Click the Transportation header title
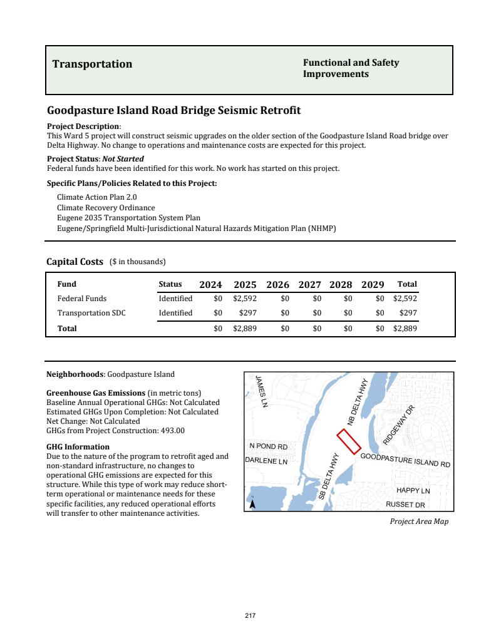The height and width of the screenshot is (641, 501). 92,64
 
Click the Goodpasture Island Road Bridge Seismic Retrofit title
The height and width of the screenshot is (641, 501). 174,111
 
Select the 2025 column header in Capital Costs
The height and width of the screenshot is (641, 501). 245,285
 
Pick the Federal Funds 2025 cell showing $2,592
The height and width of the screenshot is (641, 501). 245,299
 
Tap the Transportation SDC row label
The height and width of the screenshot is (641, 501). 91,313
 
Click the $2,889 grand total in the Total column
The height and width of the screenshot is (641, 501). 405,328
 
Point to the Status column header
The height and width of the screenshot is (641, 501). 170,284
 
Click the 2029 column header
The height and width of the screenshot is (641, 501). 373,285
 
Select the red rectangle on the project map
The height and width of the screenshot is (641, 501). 349,441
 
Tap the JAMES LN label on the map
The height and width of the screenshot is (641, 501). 262,391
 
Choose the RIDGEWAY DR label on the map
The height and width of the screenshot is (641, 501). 400,425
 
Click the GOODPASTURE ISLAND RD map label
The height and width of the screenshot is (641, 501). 405,461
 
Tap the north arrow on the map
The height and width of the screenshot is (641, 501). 252,503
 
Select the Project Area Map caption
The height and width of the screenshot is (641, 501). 419,521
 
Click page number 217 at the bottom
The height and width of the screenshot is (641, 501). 250,616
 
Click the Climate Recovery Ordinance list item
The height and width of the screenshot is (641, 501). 106,208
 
